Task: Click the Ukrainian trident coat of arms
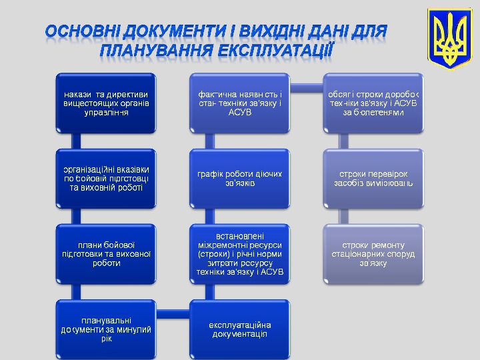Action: click(449, 40)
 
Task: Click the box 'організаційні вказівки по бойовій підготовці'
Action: click(106, 178)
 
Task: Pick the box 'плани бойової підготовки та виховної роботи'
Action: click(106, 253)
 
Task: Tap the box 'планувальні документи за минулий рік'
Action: click(106, 329)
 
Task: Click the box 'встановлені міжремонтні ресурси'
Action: click(240, 253)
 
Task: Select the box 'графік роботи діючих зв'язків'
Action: click(240, 178)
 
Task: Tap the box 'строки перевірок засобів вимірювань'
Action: click(373, 178)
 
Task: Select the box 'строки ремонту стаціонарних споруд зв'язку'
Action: click(373, 253)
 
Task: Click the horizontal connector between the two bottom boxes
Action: click(172, 311)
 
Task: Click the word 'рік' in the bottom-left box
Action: click(106, 339)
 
